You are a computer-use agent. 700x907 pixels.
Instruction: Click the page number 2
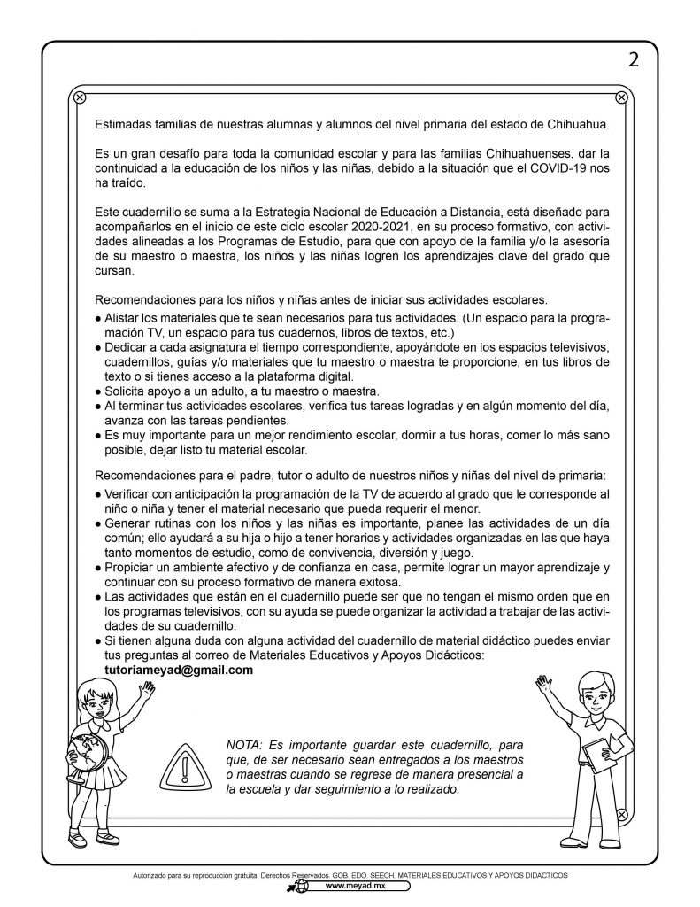tap(633, 60)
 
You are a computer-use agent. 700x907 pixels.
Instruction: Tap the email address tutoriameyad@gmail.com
tap(173, 671)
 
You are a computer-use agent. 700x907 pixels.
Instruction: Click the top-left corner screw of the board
tap(79, 97)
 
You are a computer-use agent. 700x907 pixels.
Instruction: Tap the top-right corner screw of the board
tap(621, 97)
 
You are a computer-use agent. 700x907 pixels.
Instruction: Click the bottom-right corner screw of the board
tap(621, 813)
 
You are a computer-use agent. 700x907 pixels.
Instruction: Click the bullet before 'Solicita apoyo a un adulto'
tap(98, 391)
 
